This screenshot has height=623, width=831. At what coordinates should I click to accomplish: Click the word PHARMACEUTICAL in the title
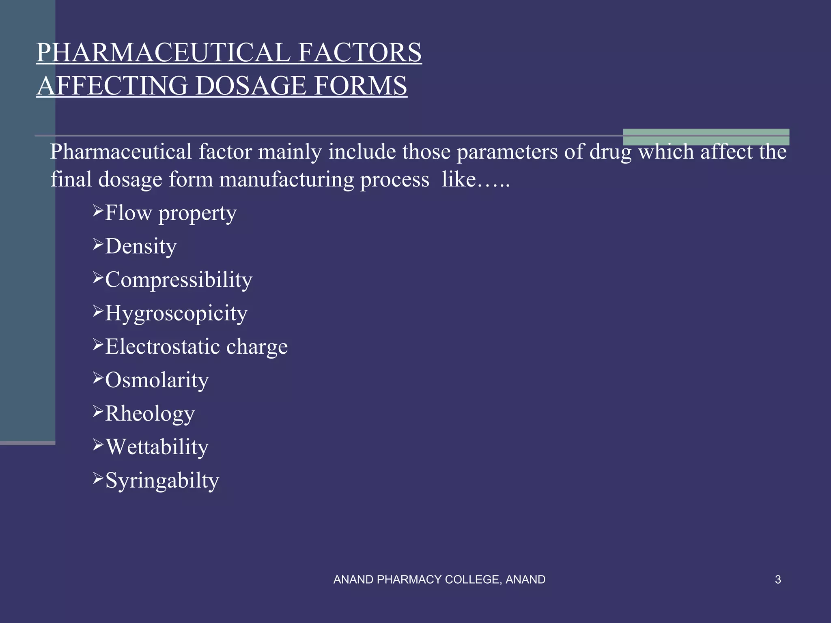162,53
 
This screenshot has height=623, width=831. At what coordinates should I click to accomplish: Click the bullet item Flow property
170,213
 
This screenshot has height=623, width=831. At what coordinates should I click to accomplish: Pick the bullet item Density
141,247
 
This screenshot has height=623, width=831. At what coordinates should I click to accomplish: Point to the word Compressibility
179,280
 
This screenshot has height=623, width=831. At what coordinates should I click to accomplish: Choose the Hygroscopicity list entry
176,314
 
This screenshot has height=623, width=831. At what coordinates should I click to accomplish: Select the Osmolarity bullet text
157,380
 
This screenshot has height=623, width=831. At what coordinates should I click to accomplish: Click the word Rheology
150,414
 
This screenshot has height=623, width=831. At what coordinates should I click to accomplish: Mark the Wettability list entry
157,447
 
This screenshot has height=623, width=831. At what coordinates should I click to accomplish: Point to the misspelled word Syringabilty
162,481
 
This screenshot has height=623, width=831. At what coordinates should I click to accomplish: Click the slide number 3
778,580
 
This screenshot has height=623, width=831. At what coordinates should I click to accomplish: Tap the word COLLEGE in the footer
469,580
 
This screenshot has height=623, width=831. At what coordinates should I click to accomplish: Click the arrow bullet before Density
98,244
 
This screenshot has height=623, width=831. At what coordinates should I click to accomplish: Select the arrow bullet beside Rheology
98,411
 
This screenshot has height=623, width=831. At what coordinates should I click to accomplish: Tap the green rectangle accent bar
706,137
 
